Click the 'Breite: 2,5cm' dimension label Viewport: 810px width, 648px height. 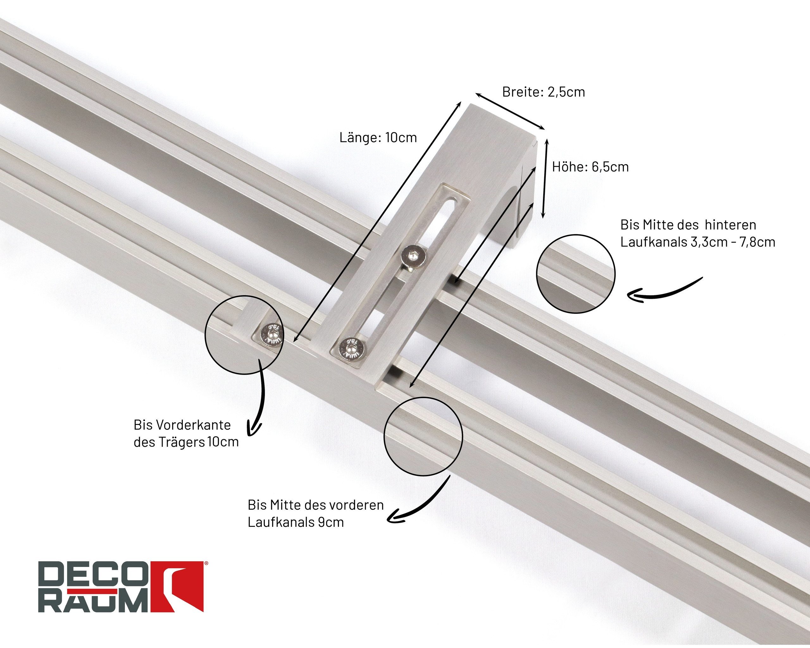point(544,92)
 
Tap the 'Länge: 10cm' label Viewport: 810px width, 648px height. point(378,138)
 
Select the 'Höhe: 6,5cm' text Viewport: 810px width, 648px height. point(590,167)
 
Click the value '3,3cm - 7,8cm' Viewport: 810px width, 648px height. point(733,242)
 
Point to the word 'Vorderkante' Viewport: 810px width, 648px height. point(193,425)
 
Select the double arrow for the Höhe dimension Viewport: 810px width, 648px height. point(545,178)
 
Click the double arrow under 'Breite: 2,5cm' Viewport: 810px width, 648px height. point(510,111)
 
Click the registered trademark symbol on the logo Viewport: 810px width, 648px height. point(206,564)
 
